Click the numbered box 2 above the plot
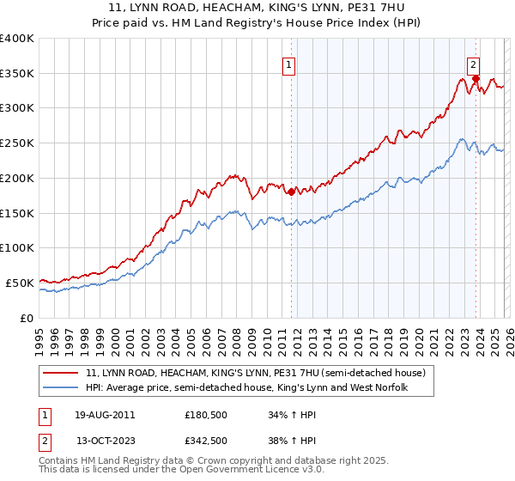click(x=473, y=64)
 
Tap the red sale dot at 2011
click(x=291, y=192)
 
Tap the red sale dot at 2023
click(x=475, y=77)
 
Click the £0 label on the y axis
click(x=26, y=318)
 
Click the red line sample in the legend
click(x=62, y=374)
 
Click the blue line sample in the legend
click(x=62, y=388)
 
